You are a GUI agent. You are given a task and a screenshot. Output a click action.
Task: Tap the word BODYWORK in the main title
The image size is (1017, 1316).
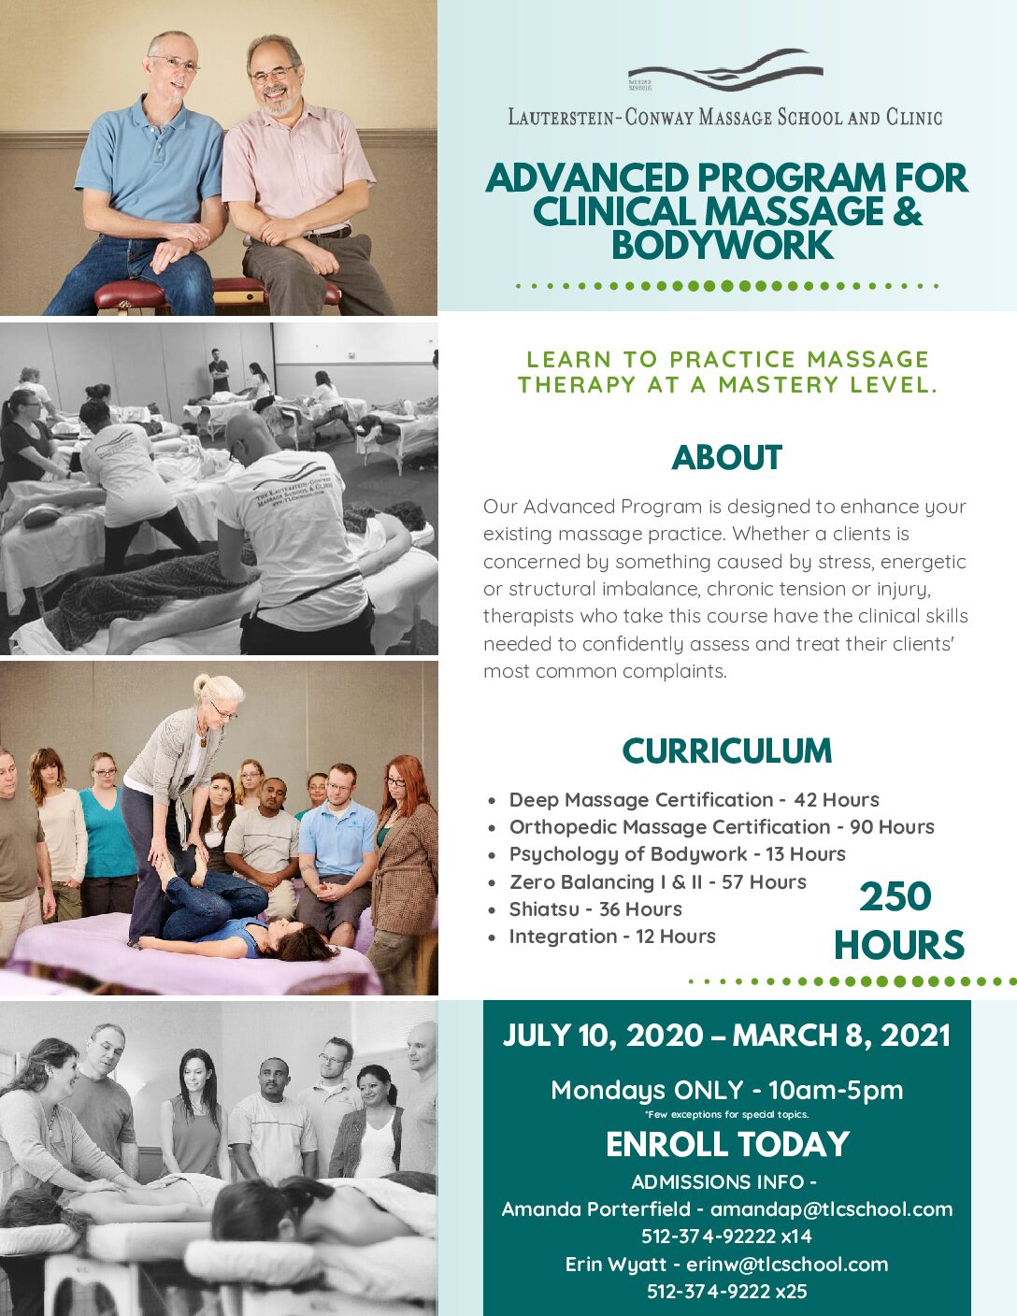coord(723,245)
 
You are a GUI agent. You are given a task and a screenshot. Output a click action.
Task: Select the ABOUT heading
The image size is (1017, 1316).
coord(726,457)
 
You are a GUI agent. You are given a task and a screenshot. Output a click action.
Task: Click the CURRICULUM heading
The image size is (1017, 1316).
coord(726,751)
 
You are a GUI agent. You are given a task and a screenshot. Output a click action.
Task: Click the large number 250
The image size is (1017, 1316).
coord(895,897)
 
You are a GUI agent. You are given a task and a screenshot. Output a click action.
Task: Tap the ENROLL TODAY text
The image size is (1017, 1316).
coord(727,1144)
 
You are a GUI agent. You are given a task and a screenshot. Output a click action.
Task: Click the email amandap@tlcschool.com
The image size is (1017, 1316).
coord(831,1209)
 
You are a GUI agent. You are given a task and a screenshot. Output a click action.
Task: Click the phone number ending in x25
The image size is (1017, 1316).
coord(727,1291)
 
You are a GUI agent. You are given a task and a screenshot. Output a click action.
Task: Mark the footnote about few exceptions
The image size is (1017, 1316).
coord(727,1114)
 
